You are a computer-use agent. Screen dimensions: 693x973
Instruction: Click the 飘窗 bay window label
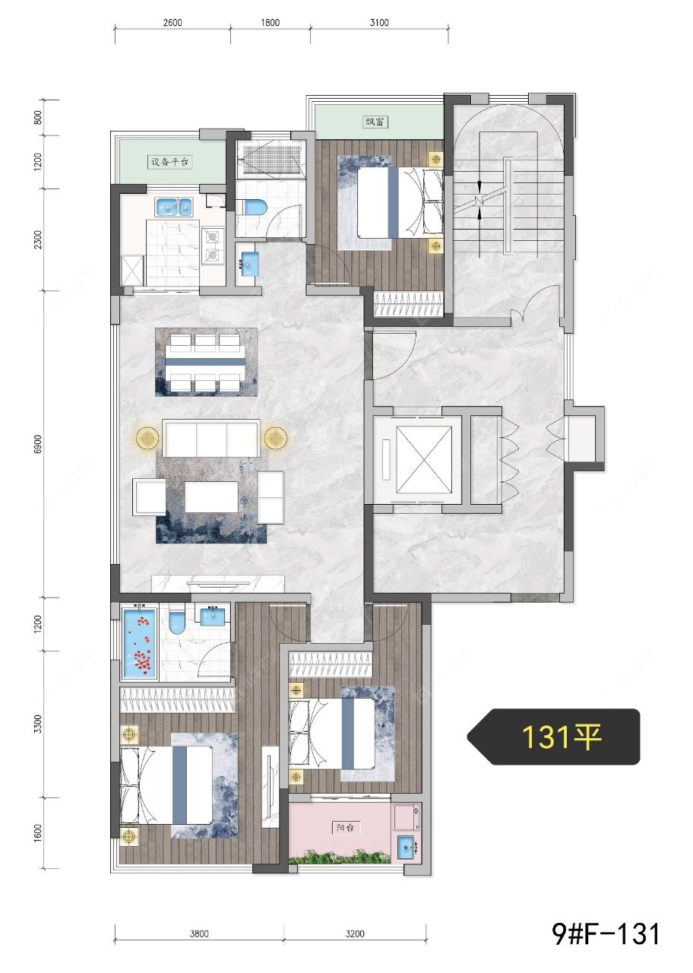tap(375, 122)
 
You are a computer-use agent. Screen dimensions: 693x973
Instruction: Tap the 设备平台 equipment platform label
tap(169, 162)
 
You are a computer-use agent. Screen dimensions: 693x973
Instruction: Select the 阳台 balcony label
tap(345, 828)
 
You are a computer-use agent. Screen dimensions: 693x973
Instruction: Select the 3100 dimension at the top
tap(379, 22)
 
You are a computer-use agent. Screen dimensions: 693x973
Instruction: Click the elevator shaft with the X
tap(424, 460)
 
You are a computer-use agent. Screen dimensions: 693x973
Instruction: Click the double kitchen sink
tap(174, 207)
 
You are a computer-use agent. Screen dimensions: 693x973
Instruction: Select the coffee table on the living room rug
tap(211, 497)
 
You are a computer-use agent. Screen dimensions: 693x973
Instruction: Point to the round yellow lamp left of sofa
tap(147, 438)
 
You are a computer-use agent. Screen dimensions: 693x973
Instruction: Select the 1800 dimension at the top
tap(270, 22)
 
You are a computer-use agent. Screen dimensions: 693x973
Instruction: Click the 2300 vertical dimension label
tap(39, 239)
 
